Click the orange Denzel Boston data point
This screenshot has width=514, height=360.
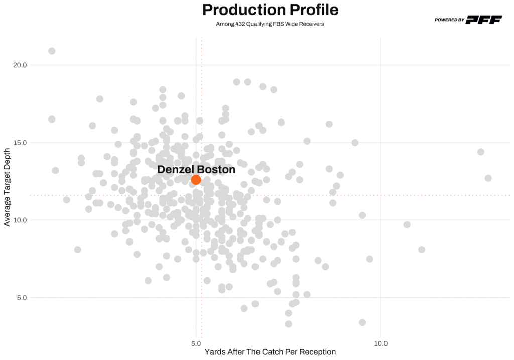pos(196,180)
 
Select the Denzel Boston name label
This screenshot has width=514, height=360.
pos(196,170)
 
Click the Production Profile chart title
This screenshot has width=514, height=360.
pos(270,10)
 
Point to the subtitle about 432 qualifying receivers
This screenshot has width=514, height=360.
pos(270,24)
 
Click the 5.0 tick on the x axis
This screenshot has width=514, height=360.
pos(196,344)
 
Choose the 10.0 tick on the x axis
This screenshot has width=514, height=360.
pos(381,344)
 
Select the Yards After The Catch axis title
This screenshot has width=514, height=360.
pos(270,352)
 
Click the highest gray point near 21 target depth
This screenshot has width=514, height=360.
pos(52,51)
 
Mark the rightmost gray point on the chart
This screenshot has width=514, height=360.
pos(488,178)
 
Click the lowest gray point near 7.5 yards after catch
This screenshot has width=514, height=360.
pos(288,324)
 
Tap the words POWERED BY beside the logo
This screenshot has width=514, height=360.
pos(449,20)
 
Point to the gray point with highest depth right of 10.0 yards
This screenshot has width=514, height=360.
pos(480,152)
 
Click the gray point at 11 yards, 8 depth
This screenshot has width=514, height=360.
pos(421,250)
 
